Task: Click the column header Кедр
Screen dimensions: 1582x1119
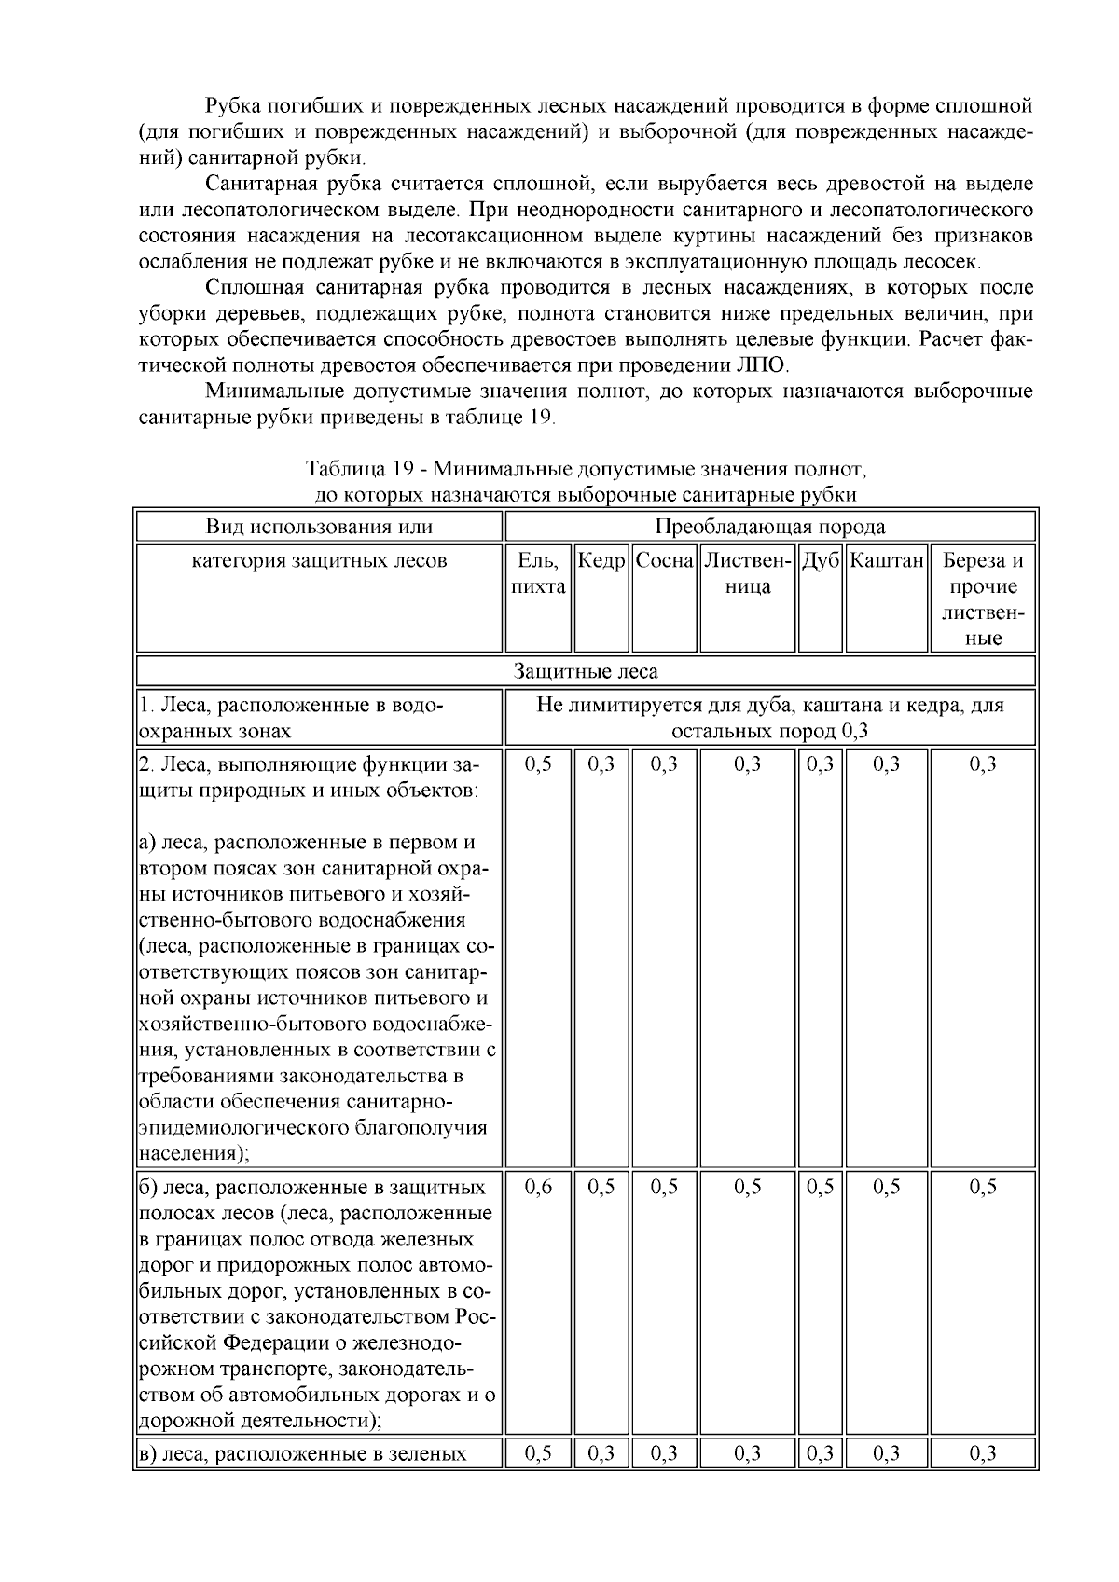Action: pos(601,561)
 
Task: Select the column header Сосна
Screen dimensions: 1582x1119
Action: pos(665,561)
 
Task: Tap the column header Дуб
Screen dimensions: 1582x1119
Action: pos(821,561)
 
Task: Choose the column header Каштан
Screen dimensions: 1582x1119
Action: pos(886,561)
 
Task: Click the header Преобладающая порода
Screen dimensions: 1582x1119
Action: pos(770,527)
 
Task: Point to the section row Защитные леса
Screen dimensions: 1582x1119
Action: pos(586,671)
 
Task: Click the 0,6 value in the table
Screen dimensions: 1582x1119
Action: pos(538,1187)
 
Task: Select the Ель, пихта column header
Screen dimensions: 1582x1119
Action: pos(538,574)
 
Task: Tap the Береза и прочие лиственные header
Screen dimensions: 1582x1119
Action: pos(983,599)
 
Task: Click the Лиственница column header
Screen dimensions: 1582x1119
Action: pos(748,574)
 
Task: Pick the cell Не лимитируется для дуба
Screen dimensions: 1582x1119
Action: pos(770,718)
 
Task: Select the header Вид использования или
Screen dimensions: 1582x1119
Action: pos(319,527)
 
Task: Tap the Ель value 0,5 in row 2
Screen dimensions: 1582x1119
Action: pos(538,764)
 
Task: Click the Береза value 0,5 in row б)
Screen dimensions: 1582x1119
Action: pos(983,1187)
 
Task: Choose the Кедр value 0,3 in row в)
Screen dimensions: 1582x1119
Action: pos(601,1453)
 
